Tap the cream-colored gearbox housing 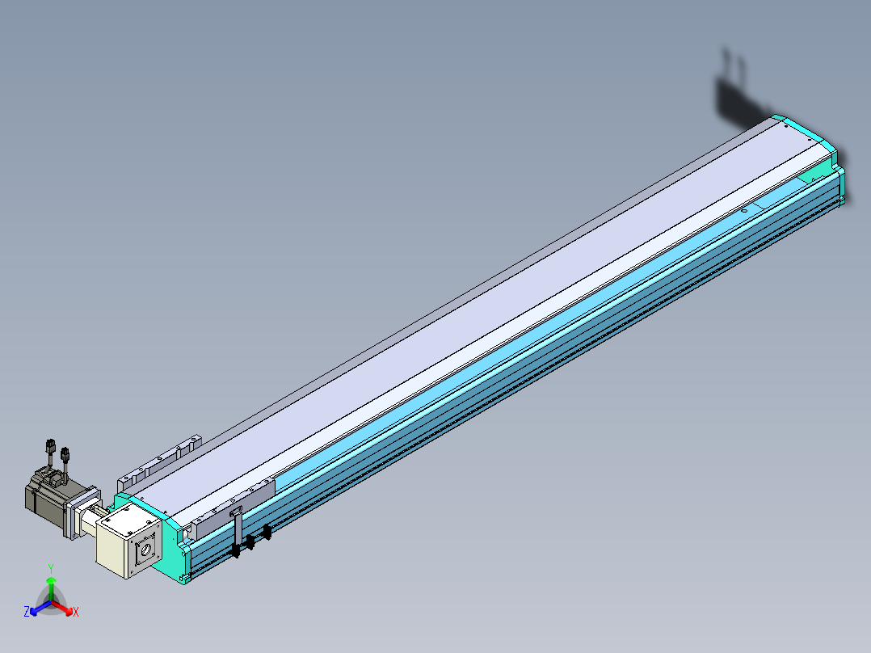[128, 539]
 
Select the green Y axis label [51, 568]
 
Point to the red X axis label [76, 612]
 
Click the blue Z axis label [26, 611]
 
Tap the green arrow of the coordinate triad [51, 589]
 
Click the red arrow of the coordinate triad [62, 608]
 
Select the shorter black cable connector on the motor [65, 460]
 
